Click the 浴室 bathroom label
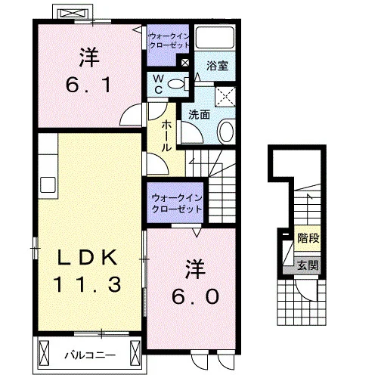click(217, 66)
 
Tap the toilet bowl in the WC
click(176, 84)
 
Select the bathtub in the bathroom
click(215, 38)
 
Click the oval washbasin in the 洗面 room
click(226, 132)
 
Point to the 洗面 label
click(199, 115)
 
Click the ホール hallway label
click(166, 136)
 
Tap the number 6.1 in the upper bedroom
click(88, 85)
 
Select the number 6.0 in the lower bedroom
click(195, 296)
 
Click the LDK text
click(87, 257)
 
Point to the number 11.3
click(87, 284)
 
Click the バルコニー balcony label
click(90, 355)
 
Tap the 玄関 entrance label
click(308, 265)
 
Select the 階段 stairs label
click(308, 238)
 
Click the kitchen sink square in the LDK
click(48, 184)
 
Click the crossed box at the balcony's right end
click(135, 353)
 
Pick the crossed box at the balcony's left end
click(44, 353)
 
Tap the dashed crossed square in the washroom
click(225, 97)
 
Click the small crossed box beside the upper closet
click(185, 63)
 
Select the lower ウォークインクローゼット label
click(177, 203)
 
